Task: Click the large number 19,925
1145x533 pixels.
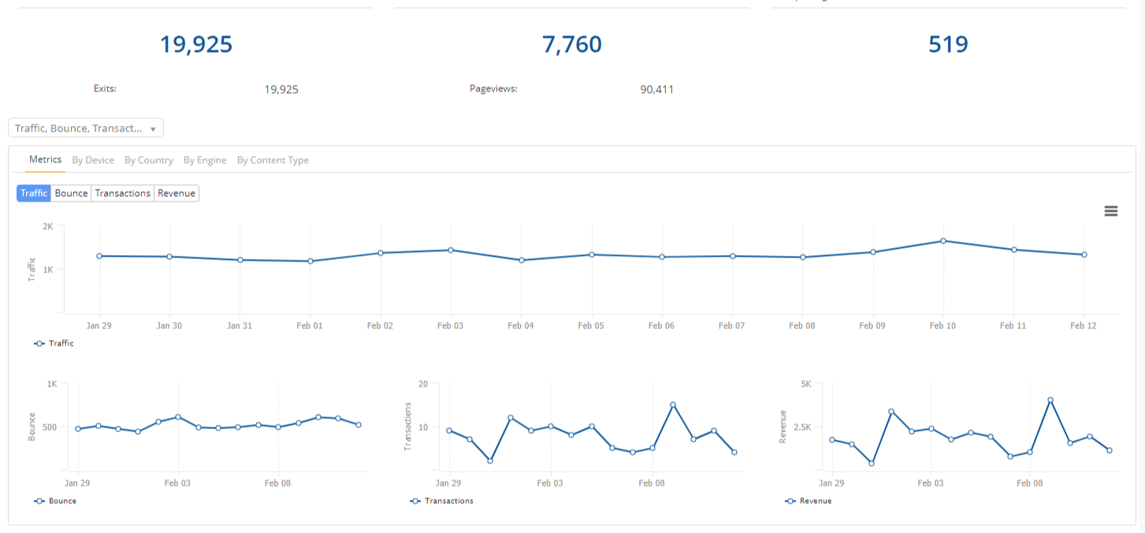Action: click(196, 45)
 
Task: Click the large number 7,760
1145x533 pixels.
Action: click(572, 45)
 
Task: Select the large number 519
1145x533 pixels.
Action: click(948, 45)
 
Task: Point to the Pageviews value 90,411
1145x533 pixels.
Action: click(656, 90)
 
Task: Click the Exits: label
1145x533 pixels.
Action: click(105, 89)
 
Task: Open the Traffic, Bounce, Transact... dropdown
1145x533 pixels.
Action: click(86, 128)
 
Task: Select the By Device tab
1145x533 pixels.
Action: click(93, 160)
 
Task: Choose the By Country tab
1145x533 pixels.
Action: click(149, 160)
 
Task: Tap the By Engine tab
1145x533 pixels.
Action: click(205, 160)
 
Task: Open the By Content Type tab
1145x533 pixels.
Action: click(273, 160)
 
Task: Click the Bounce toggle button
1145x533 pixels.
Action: click(71, 193)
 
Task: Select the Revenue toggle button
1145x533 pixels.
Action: click(177, 193)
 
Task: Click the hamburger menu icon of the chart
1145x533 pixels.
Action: click(1111, 211)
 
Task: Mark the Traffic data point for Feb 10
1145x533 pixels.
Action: click(942, 241)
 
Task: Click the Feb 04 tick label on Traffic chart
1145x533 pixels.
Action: click(520, 325)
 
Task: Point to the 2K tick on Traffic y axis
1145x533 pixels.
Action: click(48, 227)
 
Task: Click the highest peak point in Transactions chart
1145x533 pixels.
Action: click(673, 405)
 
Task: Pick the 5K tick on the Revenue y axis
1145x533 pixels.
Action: click(805, 384)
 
